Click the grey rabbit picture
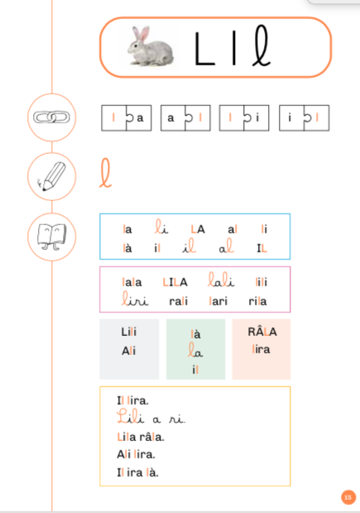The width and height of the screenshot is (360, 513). (x=151, y=47)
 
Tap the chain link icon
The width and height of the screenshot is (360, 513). (x=51, y=117)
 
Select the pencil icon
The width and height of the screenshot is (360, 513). (x=51, y=176)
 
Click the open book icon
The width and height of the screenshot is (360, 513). (x=51, y=237)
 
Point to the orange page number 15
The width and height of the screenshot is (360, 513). (x=348, y=497)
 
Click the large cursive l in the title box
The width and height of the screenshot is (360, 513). (x=262, y=46)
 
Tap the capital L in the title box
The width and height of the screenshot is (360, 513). (x=204, y=49)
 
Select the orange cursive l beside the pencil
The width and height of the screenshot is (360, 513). (x=105, y=173)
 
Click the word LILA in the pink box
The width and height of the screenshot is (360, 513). (x=175, y=282)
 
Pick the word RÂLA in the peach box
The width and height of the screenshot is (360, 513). (x=262, y=331)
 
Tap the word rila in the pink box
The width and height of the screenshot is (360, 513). (x=257, y=301)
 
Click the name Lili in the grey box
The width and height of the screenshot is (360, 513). (x=128, y=332)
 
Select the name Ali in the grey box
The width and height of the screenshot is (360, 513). (x=128, y=351)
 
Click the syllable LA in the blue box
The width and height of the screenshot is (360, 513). (x=198, y=229)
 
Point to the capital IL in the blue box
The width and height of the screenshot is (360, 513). (x=262, y=248)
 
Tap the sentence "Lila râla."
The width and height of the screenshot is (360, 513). (x=141, y=437)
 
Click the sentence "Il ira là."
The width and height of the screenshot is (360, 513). (x=137, y=472)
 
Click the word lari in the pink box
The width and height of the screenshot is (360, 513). (x=218, y=301)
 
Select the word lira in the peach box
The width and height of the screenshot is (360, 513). (x=261, y=349)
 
